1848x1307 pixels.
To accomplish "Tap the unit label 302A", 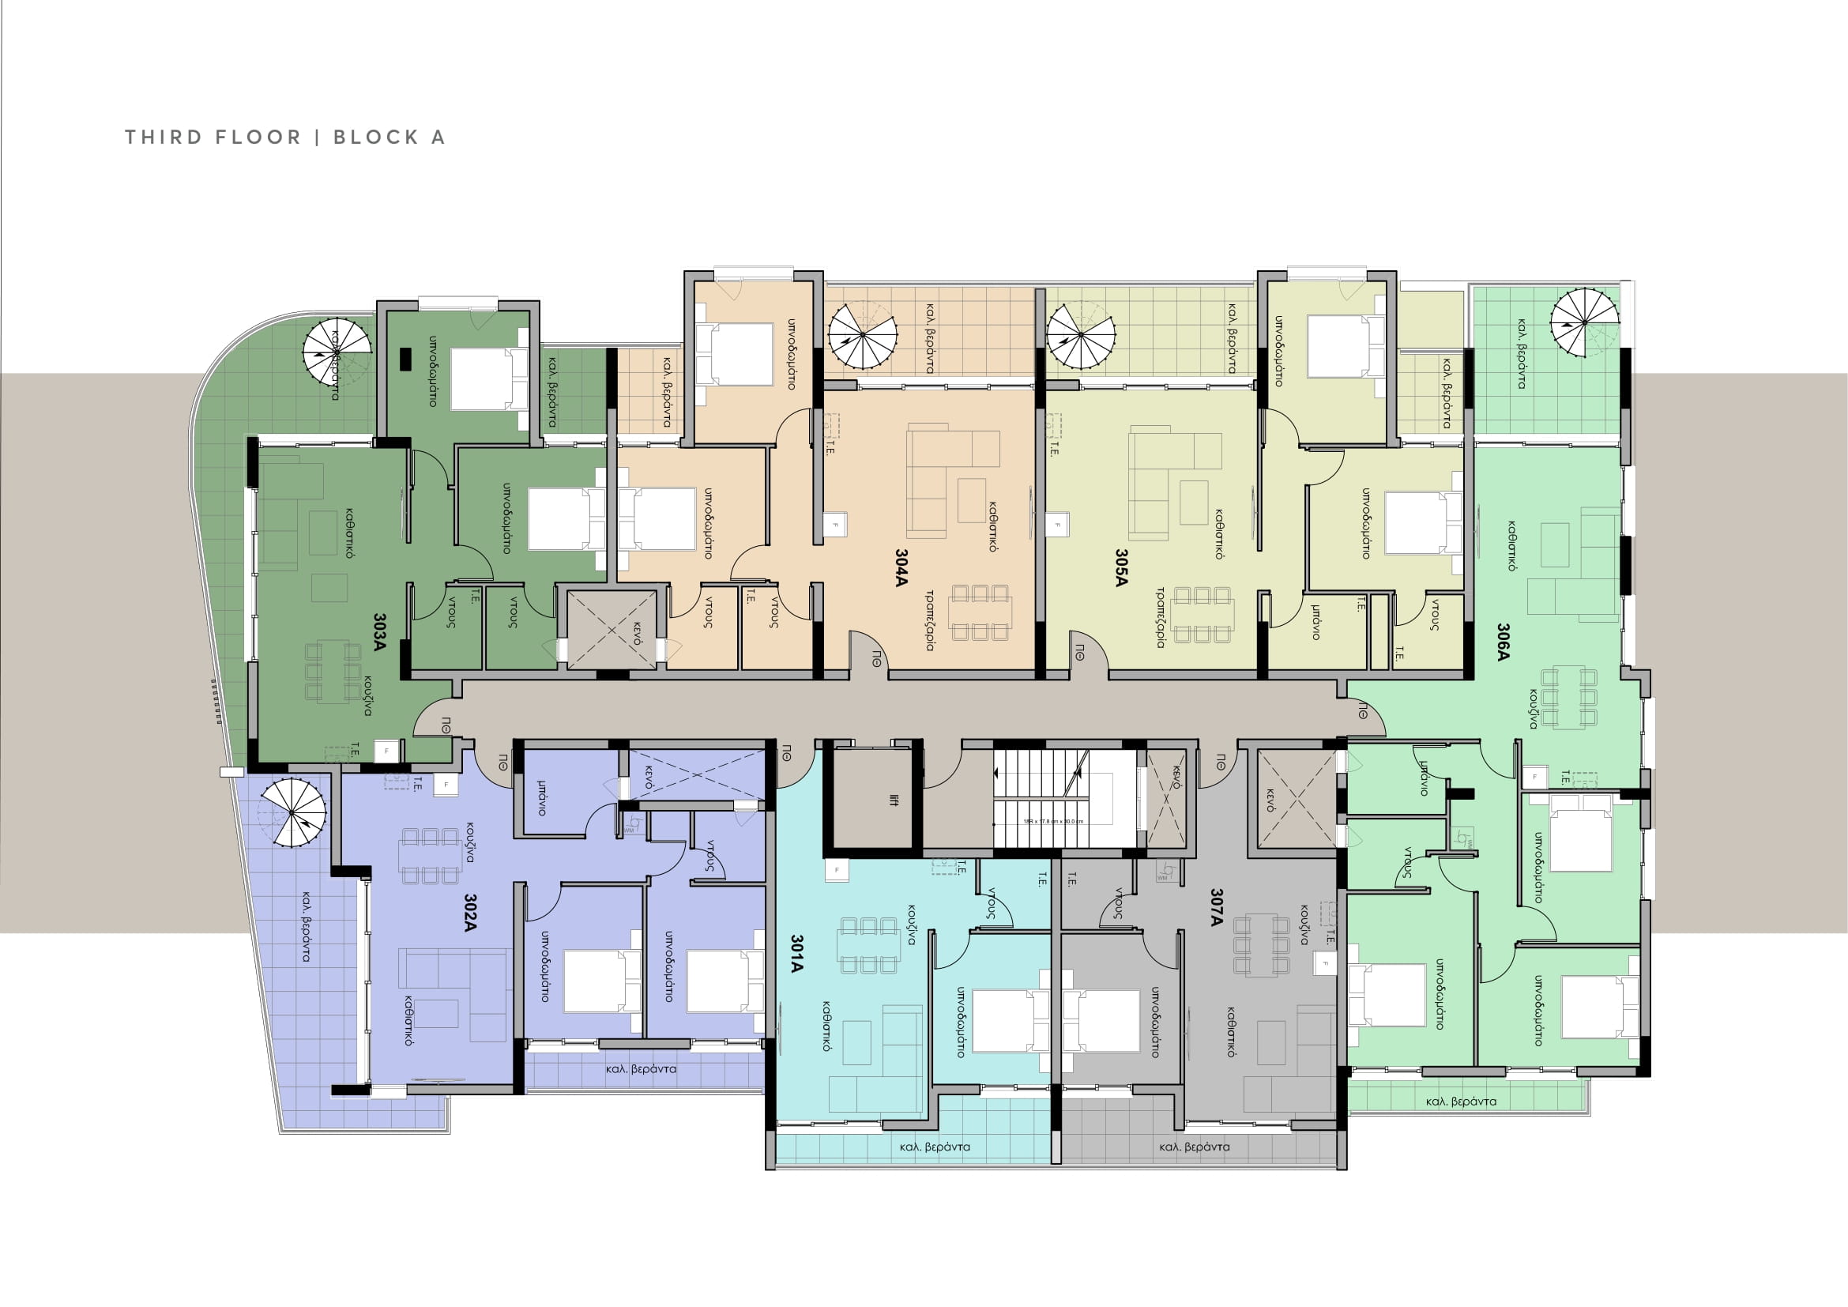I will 471,913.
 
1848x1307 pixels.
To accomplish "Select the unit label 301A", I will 796,954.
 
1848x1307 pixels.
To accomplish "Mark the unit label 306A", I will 1504,642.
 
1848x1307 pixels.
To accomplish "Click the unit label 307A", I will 1216,908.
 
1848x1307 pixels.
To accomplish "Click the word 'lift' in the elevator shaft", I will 894,800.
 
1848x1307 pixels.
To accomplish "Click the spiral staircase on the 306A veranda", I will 1584,322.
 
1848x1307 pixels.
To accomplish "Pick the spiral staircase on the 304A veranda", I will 862,334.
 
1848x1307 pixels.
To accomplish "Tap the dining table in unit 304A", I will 980,612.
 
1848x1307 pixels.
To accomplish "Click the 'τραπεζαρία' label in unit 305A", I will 1161,617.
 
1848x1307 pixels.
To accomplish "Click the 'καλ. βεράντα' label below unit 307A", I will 1195,1147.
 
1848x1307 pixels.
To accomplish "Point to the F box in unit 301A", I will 836,870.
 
